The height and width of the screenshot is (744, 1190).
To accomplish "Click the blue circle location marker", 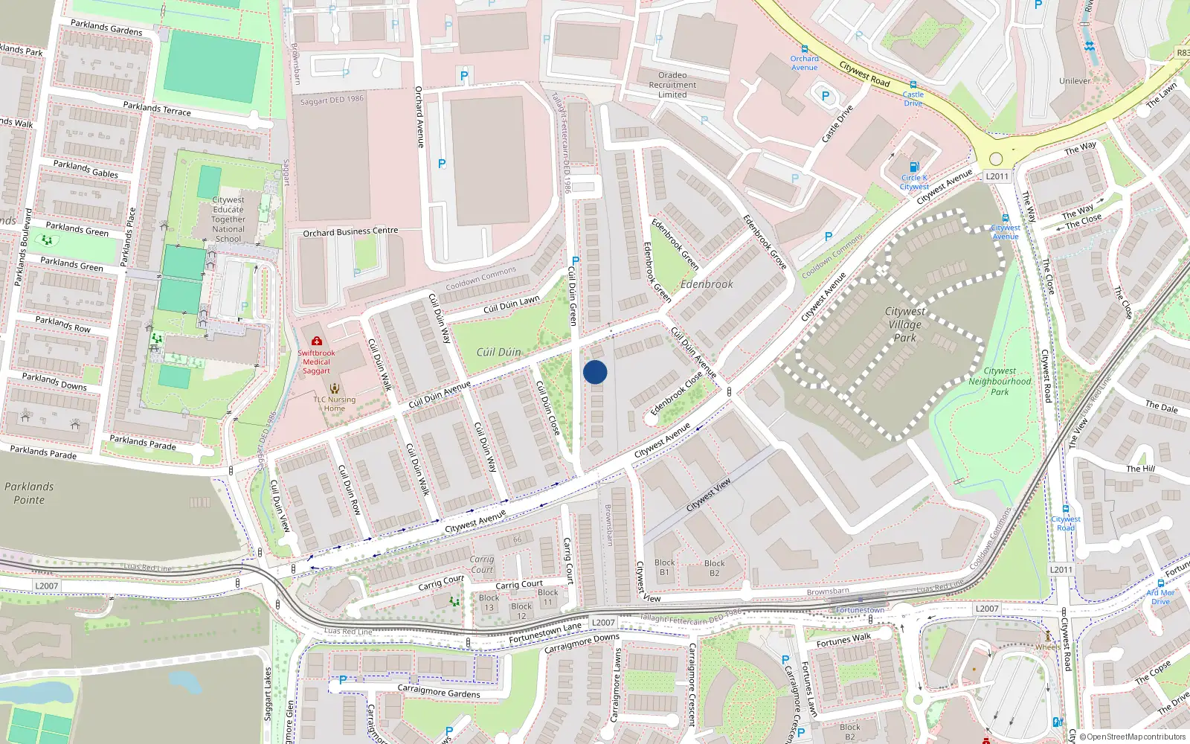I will click(595, 372).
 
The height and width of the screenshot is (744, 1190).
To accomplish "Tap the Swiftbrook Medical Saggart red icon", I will click(317, 341).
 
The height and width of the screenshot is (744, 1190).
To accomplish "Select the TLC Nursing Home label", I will click(334, 404).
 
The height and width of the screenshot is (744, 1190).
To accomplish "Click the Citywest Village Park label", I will click(904, 324).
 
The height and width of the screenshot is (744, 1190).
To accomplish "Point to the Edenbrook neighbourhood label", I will click(707, 284).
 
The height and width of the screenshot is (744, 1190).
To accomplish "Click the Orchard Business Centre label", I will click(350, 232).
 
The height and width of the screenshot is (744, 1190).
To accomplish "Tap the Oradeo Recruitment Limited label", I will click(672, 85).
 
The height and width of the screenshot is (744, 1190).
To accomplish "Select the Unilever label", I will click(1075, 81).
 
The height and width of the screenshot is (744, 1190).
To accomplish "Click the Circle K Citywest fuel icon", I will click(914, 167).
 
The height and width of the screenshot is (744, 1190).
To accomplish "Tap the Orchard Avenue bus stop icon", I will click(804, 49).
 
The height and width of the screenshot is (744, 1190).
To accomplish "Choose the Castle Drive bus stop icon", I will click(913, 85).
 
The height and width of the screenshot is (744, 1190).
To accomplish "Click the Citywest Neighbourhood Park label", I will click(1000, 381).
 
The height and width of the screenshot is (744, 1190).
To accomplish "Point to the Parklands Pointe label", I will click(29, 493).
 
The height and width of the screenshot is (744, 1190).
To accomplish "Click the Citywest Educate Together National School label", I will click(228, 219).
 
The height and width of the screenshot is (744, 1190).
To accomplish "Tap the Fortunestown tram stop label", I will click(861, 610).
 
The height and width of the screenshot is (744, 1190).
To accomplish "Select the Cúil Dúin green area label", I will click(498, 352).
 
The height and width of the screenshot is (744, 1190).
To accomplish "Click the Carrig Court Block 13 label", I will click(489, 603).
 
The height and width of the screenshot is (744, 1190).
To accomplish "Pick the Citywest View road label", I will click(708, 495).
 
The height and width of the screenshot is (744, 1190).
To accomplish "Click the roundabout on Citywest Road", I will click(996, 158).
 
